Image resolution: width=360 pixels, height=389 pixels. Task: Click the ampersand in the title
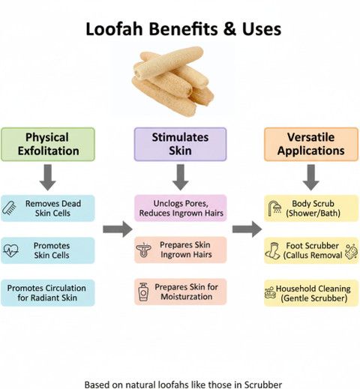[230, 29]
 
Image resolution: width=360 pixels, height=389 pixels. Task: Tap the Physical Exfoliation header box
[48, 144]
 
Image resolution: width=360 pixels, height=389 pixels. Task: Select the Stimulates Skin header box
[180, 144]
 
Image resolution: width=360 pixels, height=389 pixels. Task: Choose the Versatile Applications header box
[311, 144]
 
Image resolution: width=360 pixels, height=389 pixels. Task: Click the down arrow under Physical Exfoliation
[48, 177]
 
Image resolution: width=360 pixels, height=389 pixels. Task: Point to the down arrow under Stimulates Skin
[180, 177]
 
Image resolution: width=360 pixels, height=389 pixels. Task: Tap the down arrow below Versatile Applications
[311, 177]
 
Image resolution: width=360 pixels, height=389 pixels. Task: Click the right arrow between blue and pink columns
[118, 229]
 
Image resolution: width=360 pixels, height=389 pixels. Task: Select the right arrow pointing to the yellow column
[247, 229]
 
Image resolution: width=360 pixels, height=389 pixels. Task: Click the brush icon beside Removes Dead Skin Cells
[9, 208]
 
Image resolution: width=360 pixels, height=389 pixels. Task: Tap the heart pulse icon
[10, 250]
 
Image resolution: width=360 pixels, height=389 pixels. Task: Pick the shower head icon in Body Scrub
[274, 208]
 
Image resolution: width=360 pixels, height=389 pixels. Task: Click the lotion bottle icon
[143, 292]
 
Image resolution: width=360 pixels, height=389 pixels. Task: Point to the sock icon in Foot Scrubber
[272, 250]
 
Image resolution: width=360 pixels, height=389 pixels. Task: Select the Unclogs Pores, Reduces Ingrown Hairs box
[181, 208]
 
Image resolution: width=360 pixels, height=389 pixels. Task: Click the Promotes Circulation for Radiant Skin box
[48, 293]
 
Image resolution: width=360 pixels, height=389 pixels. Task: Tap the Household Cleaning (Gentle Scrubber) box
[311, 293]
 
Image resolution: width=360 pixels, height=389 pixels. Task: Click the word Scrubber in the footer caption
[263, 385]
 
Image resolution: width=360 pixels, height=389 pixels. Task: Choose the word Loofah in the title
[114, 29]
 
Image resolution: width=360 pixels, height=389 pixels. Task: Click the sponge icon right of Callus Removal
[351, 251]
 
